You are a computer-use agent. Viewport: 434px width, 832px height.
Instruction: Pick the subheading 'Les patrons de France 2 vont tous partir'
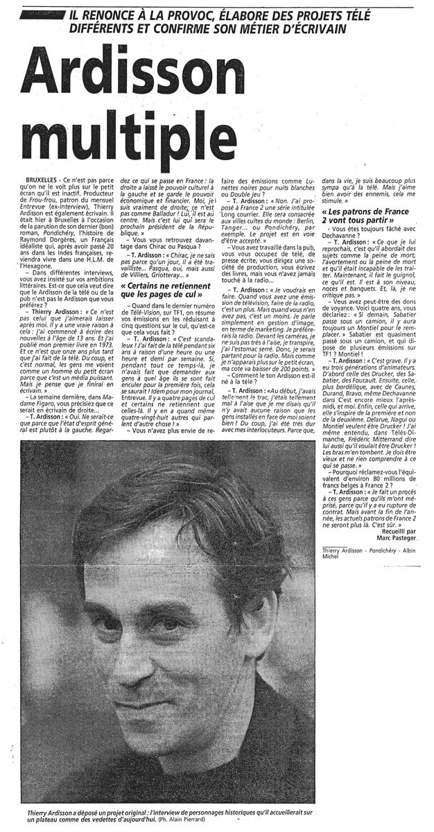[370, 217]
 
